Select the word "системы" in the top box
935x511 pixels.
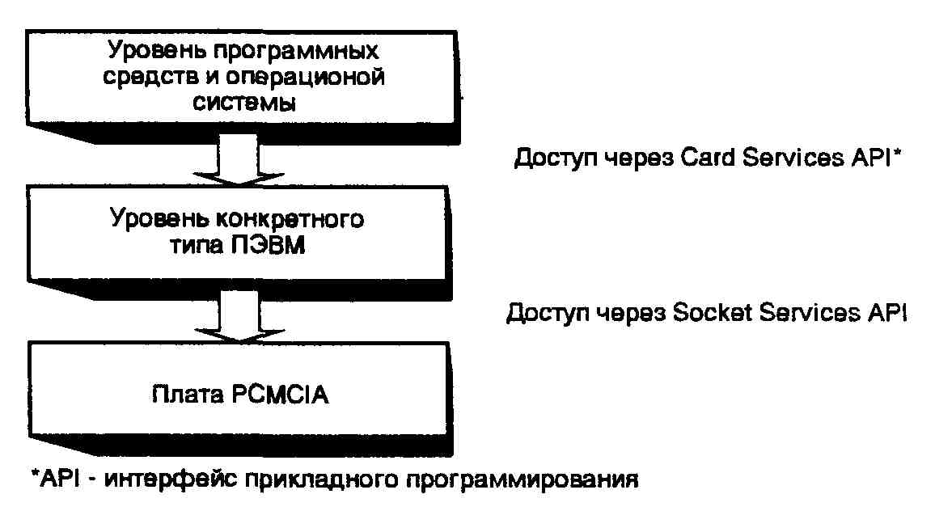(243, 104)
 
